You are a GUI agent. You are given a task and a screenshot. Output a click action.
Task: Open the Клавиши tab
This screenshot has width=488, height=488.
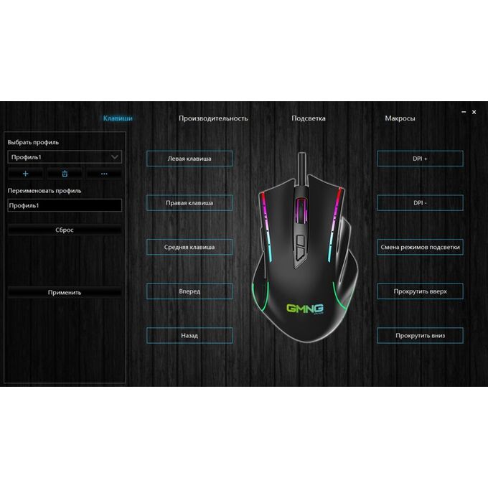coord(118,118)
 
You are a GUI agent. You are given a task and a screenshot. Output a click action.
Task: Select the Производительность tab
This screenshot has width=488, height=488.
coord(213,118)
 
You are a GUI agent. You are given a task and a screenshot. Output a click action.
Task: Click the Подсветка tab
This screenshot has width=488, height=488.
coord(309,118)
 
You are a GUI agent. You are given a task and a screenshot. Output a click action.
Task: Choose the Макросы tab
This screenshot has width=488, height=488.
coord(400,118)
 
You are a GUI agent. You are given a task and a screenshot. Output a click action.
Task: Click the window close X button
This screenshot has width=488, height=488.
coord(474,112)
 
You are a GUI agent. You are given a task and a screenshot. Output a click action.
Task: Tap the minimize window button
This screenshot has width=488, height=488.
coord(464,112)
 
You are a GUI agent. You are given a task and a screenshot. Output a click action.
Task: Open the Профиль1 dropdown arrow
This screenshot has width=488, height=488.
coord(115,157)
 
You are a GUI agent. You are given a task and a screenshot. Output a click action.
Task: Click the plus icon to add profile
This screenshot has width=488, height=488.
coord(26,174)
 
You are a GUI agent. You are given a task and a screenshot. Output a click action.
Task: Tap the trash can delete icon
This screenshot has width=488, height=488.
coord(65,174)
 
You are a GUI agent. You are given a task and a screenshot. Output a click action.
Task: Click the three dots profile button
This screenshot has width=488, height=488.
coord(104,174)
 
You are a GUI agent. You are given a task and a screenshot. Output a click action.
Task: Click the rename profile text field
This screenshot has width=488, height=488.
coord(65,205)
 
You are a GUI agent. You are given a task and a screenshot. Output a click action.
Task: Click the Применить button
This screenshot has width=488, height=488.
coord(65,292)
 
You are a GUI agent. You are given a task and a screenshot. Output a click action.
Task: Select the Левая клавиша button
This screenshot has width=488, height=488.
coord(189,159)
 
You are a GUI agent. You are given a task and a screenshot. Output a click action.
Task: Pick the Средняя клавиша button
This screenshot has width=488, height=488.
coord(189,247)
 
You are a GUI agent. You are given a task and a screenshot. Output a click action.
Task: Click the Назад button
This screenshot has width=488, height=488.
coord(189,336)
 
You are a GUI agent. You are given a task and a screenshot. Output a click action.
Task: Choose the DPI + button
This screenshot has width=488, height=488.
coord(420,159)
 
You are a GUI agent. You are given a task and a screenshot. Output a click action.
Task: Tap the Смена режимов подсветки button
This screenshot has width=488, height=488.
coord(420,247)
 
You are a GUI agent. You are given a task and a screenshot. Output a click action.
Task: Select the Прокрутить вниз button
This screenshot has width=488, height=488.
coord(420,336)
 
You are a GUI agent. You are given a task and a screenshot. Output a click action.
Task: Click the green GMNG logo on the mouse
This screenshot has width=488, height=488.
coord(305,309)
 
